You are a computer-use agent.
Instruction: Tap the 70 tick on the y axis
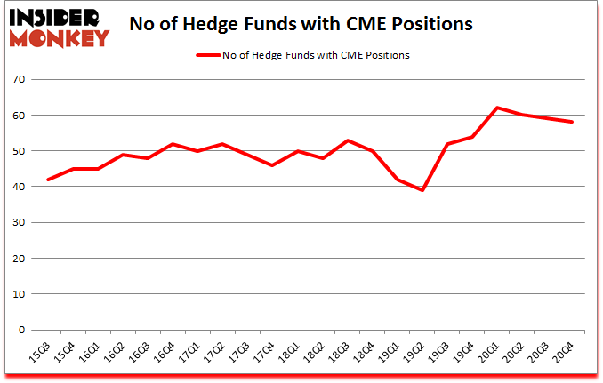[18, 80]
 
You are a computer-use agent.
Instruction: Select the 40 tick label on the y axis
[18, 187]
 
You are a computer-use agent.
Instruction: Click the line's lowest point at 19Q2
[422, 190]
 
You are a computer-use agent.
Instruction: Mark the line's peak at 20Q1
[498, 108]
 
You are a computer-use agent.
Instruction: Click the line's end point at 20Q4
[573, 122]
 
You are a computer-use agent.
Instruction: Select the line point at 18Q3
[348, 140]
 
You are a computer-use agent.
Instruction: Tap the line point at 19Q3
[447, 144]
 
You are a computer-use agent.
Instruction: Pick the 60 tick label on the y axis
[18, 116]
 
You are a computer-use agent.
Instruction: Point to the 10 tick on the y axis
[18, 294]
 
